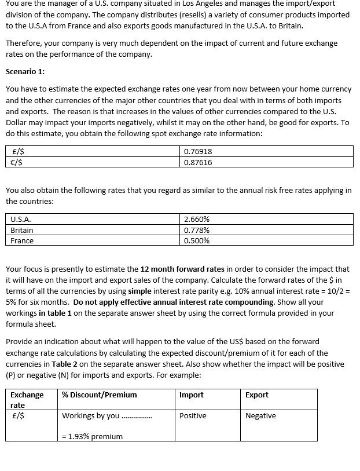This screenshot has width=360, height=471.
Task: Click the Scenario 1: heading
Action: point(25,72)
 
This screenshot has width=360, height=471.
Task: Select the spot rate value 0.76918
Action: point(197,151)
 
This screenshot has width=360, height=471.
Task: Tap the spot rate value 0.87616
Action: point(197,162)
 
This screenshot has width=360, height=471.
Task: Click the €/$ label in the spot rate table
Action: point(17,162)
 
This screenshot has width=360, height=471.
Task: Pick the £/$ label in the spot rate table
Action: point(17,151)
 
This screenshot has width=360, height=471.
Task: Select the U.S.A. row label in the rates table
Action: point(21,219)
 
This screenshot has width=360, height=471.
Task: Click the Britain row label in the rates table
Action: point(22,230)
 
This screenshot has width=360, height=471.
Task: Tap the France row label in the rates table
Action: point(22,240)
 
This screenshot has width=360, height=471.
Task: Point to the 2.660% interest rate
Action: point(197,219)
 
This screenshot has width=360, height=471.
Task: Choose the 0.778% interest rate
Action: point(197,230)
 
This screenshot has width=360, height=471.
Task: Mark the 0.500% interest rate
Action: point(197,240)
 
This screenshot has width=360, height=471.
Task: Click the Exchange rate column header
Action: point(27,400)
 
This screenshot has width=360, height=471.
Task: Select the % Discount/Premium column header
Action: point(100,395)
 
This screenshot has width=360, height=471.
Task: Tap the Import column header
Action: point(192,395)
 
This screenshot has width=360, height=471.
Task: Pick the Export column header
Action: point(257,395)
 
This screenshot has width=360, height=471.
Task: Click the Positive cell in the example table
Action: point(193,415)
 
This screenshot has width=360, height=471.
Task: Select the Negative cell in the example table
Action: point(260,415)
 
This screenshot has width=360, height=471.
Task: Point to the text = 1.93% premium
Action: point(92,436)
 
